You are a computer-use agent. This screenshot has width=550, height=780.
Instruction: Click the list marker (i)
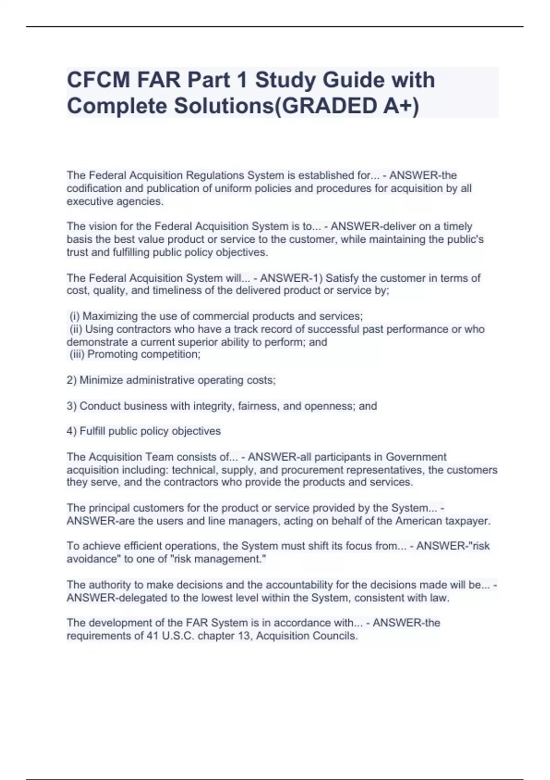coord(75,316)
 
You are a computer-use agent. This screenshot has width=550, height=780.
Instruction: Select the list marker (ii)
coord(76,329)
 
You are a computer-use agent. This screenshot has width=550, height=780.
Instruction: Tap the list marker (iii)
coord(77,354)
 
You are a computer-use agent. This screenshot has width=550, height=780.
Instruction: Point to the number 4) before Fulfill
coord(72,431)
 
